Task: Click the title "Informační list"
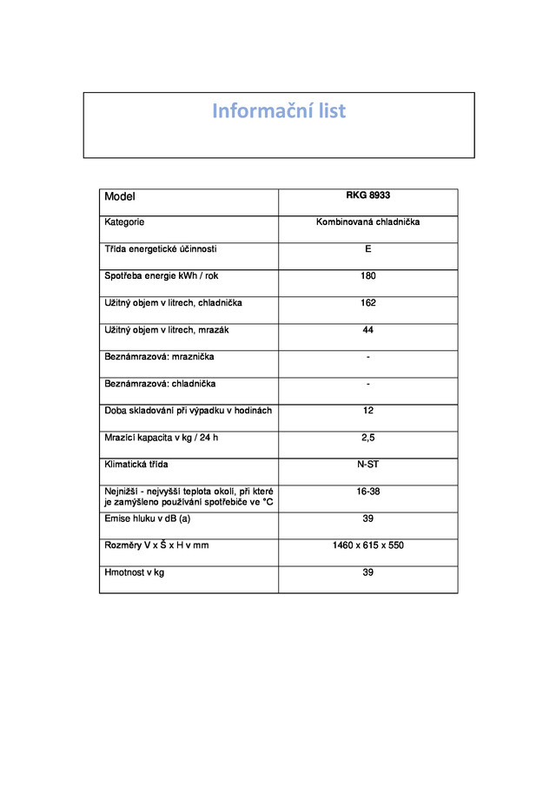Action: pos(279,111)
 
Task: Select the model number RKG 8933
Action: pos(368,196)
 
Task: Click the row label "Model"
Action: pos(120,197)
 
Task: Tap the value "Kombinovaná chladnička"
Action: pos(368,223)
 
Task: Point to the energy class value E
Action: pos(368,250)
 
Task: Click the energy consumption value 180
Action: pos(368,277)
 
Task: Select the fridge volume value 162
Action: pos(368,304)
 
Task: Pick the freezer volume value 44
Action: pos(368,331)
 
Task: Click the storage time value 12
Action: pos(368,411)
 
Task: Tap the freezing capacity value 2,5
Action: pos(368,438)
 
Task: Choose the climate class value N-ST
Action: pos(368,465)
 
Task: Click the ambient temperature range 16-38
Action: pos(368,492)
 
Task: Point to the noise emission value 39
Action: pos(368,518)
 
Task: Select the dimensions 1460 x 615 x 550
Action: pos(368,545)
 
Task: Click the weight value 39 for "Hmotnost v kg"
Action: pos(368,572)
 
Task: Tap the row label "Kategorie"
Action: pos(124,223)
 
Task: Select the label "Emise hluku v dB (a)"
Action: pos(147,518)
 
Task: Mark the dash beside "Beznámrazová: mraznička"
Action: pos(368,357)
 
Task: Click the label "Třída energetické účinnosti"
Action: pos(161,250)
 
